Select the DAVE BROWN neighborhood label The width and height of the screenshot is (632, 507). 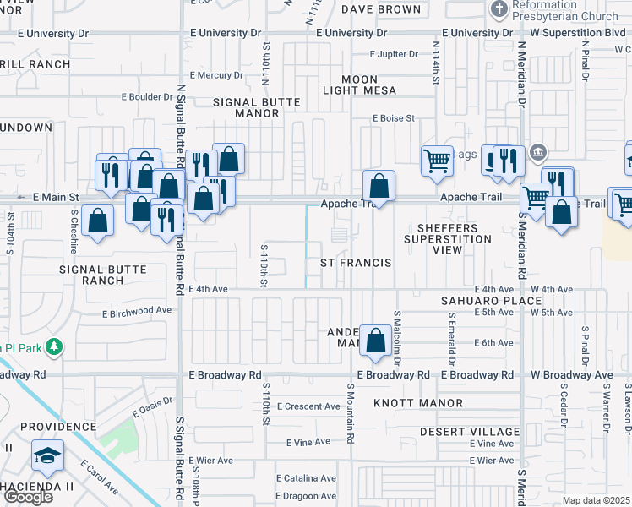(381, 9)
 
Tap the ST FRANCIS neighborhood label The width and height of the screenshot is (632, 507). (356, 263)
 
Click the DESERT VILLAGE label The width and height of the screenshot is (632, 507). (470, 432)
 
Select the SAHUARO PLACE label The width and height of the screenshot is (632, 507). (491, 301)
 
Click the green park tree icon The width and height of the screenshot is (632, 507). (54, 346)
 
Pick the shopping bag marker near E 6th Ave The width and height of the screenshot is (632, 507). (374, 341)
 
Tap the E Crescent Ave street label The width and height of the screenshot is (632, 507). (308, 406)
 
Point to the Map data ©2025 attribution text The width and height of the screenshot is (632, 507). (596, 500)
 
